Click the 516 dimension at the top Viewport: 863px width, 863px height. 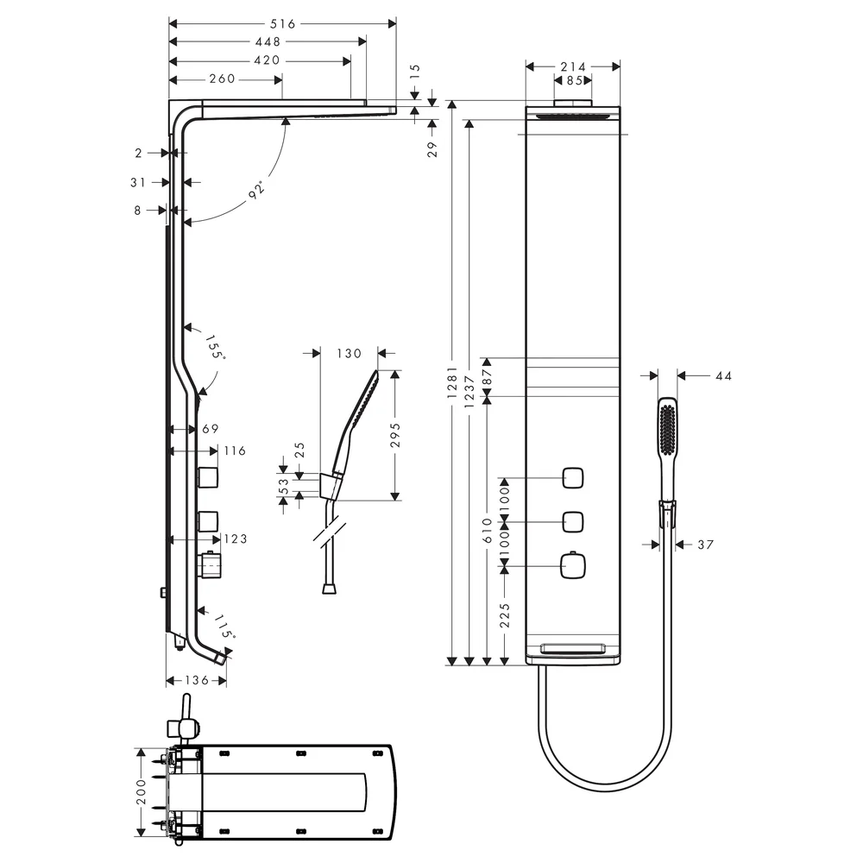point(283,23)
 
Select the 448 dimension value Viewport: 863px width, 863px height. point(268,41)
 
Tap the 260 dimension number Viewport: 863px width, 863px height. point(223,79)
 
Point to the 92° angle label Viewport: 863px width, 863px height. point(257,189)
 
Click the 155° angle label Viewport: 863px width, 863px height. point(215,347)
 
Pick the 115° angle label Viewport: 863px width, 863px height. point(224,627)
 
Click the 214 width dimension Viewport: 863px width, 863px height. point(573,66)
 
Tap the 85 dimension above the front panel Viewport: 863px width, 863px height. point(575,80)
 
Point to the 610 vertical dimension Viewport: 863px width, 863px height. point(488,531)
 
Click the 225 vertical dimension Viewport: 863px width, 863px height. point(505,615)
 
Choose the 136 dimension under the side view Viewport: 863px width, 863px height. point(197,680)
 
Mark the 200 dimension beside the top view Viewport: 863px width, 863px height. point(142,791)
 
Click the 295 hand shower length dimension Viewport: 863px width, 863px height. point(395,435)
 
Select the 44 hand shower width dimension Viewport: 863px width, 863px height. point(724,376)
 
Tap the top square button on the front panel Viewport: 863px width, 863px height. point(572,478)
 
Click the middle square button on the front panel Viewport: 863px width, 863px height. point(572,522)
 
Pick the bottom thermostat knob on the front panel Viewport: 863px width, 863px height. point(572,566)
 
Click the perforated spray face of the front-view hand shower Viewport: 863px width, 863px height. point(668,429)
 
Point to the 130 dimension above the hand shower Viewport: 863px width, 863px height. point(349,353)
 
